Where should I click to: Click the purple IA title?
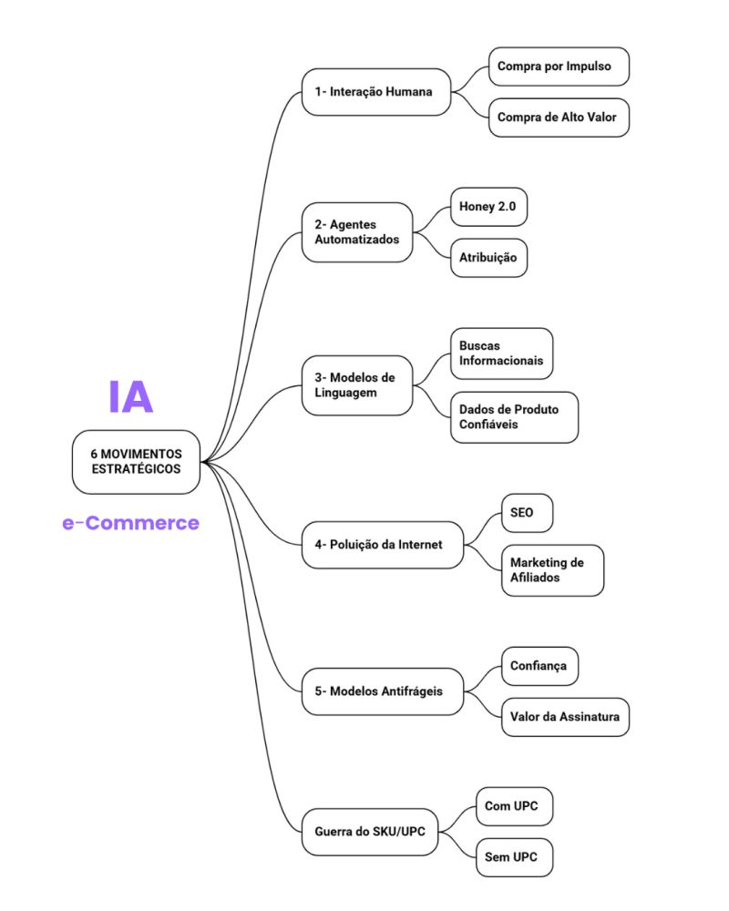(130, 396)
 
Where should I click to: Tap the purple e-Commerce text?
(130, 523)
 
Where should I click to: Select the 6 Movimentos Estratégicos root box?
(136, 462)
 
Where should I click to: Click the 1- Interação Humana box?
(376, 92)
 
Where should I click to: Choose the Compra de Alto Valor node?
(559, 118)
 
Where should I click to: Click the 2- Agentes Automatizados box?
(357, 232)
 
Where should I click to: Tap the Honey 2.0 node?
(488, 207)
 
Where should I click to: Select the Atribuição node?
(488, 258)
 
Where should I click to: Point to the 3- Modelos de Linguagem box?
(357, 384)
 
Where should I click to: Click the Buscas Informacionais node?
(501, 353)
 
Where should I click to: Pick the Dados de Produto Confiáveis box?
(514, 417)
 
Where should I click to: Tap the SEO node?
(527, 513)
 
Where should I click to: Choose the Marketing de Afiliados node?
(552, 570)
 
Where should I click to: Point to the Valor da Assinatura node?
(565, 717)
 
